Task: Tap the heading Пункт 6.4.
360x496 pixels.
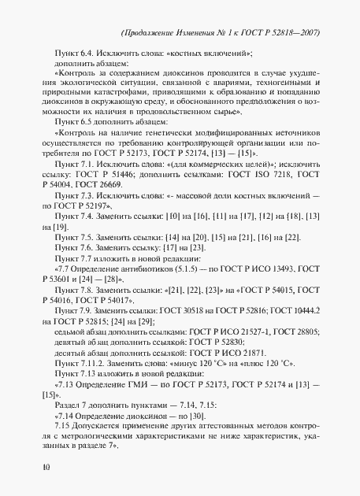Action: click(x=69, y=54)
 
